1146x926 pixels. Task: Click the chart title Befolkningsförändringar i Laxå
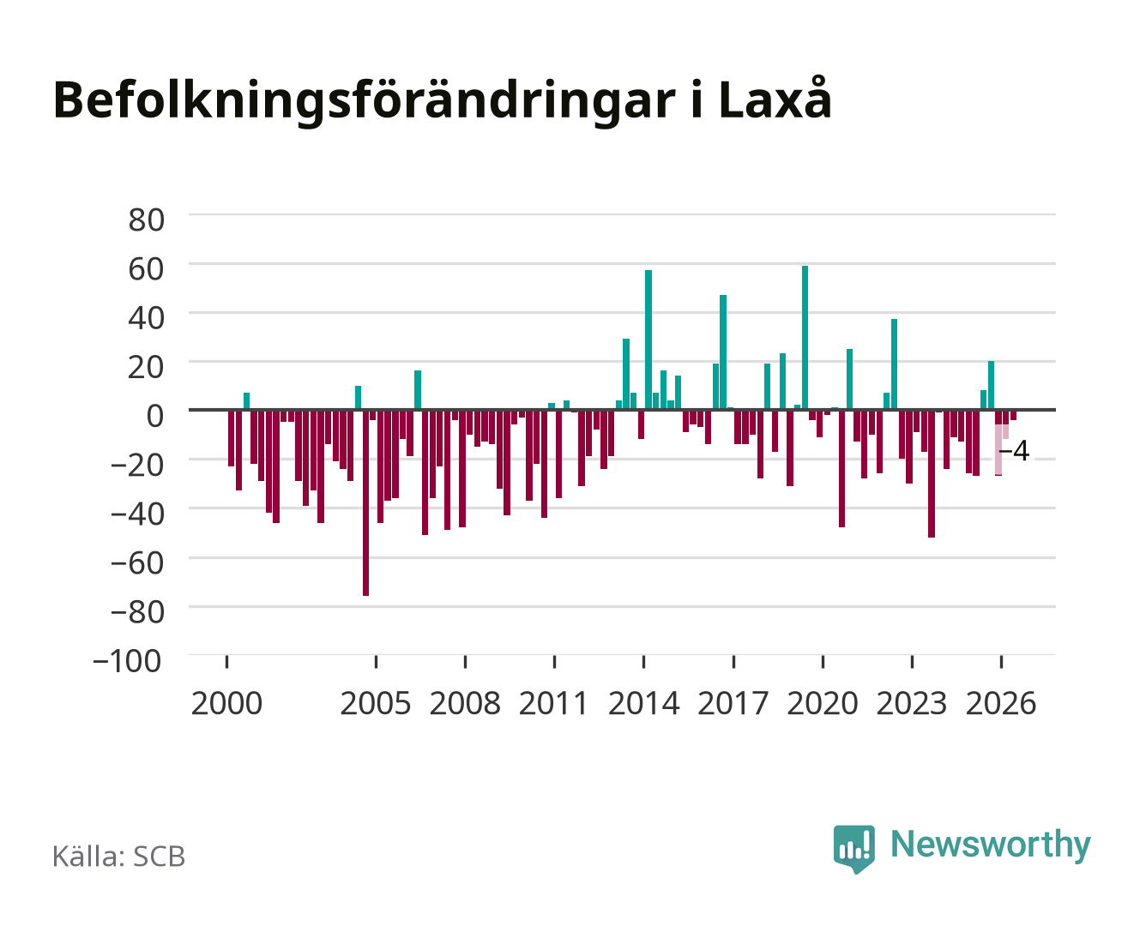443,100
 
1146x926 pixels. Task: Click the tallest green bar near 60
805,338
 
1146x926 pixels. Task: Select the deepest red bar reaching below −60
366,502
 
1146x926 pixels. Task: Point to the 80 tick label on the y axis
147,220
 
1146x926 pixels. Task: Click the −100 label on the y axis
127,661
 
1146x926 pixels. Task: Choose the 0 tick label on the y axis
155,416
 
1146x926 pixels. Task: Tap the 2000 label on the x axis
226,703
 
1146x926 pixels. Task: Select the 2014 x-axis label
644,703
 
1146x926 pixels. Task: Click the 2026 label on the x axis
1001,703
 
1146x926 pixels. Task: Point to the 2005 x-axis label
376,703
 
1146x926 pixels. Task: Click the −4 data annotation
1014,451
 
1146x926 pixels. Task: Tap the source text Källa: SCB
119,856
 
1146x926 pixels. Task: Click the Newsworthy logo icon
853,849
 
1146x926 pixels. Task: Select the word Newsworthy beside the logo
991,845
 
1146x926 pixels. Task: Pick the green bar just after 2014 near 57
648,340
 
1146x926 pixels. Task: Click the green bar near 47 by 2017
723,352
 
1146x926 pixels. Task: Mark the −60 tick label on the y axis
137,563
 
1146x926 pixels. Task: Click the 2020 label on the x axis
822,703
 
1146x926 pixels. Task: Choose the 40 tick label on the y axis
147,318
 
